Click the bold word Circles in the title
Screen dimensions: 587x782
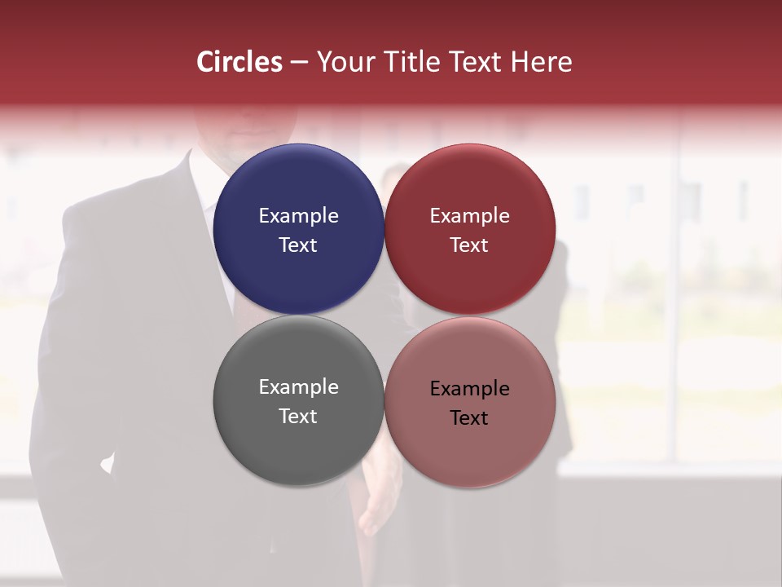(239, 62)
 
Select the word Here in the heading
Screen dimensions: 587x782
(541, 62)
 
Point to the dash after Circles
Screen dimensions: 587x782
(299, 63)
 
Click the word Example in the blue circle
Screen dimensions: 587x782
(298, 216)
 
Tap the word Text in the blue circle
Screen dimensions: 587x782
(298, 245)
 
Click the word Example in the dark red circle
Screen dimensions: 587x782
(470, 216)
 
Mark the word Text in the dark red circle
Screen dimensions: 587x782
(470, 245)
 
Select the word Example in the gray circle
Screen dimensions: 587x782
(298, 387)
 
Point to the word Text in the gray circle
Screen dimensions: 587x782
(298, 416)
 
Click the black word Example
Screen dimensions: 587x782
(470, 389)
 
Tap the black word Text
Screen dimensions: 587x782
(470, 417)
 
